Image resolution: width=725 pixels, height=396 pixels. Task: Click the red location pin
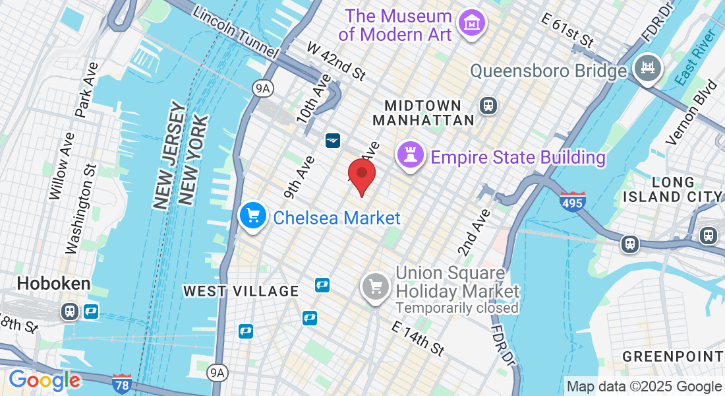(362, 175)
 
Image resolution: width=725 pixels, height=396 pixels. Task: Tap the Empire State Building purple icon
(409, 156)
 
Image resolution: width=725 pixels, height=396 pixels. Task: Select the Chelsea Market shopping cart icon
(252, 216)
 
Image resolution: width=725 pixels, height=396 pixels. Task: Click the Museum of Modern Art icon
(472, 24)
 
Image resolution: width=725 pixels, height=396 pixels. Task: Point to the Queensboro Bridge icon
(646, 67)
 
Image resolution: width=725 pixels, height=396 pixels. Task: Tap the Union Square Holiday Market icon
(376, 286)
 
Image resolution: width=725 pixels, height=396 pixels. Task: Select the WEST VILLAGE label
(241, 291)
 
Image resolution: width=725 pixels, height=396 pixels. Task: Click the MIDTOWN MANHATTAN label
(424, 113)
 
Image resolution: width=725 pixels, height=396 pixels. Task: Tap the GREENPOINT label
(673, 357)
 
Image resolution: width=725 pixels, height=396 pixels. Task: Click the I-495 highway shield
(571, 201)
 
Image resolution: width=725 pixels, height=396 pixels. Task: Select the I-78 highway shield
(121, 381)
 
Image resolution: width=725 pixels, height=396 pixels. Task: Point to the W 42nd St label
(336, 61)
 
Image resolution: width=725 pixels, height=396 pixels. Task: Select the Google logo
(44, 380)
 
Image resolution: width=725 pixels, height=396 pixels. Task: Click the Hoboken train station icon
(69, 311)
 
